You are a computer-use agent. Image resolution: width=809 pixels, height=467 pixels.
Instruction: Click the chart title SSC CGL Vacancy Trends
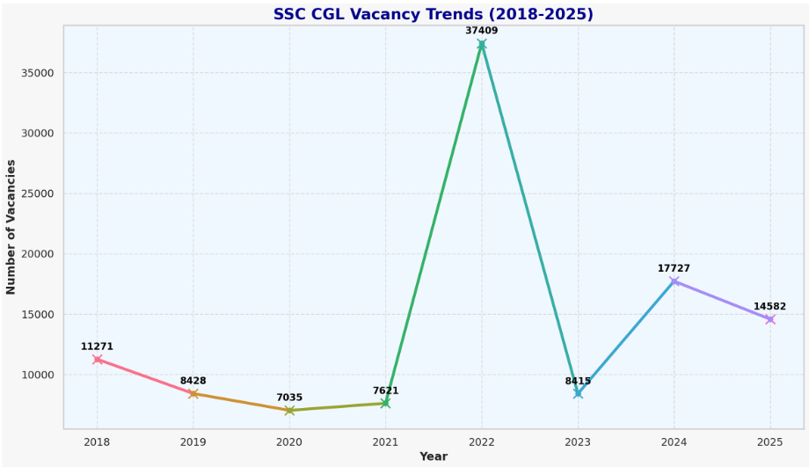[433, 15]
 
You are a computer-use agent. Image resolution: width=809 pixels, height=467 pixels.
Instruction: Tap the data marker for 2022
[481, 44]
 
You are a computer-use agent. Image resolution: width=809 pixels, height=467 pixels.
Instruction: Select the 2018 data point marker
[97, 360]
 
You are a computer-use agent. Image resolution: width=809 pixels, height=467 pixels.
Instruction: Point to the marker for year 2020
[289, 411]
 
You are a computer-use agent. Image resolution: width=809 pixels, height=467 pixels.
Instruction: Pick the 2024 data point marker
[674, 281]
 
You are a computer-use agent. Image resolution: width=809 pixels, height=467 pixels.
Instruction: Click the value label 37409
[481, 31]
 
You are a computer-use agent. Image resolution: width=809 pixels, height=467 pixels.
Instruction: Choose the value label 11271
[97, 347]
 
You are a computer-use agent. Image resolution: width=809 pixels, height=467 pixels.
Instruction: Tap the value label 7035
[289, 398]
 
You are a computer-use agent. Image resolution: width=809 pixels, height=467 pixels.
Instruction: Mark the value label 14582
[769, 307]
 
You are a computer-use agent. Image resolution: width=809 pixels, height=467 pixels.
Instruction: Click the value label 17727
[674, 268]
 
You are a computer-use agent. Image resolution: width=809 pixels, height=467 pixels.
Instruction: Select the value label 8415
[578, 381]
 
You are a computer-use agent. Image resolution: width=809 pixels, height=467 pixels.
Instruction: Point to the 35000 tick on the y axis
[37, 73]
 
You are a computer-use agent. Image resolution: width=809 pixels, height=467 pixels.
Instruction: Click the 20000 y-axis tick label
[37, 254]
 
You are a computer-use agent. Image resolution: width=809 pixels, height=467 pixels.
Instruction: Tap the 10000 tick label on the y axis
[37, 375]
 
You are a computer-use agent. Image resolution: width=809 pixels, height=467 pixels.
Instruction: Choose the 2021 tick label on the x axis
[385, 441]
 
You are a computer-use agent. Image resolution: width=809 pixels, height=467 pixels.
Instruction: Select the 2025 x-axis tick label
[769, 441]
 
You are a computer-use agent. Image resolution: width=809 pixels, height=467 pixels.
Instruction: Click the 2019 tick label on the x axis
[193, 441]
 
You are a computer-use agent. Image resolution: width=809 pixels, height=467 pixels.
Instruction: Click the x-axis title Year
[433, 456]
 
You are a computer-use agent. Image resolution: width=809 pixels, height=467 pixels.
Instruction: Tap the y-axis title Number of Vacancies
[11, 227]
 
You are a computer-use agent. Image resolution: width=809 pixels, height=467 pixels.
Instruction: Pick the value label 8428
[193, 381]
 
